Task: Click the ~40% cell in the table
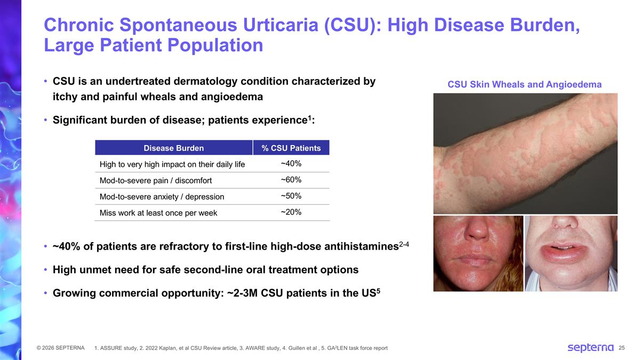click(x=291, y=163)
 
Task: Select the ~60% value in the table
click(x=291, y=180)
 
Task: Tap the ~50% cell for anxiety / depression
click(x=291, y=196)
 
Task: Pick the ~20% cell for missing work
click(x=291, y=212)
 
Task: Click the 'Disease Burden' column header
click(x=173, y=148)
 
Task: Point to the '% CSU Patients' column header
click(x=291, y=148)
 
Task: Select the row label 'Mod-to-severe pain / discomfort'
click(x=156, y=181)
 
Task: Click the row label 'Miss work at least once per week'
click(x=158, y=213)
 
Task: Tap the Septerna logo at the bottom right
click(x=590, y=348)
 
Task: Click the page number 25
click(x=622, y=348)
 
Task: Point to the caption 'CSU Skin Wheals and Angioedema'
click(x=524, y=84)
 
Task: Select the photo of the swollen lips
click(x=571, y=253)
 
